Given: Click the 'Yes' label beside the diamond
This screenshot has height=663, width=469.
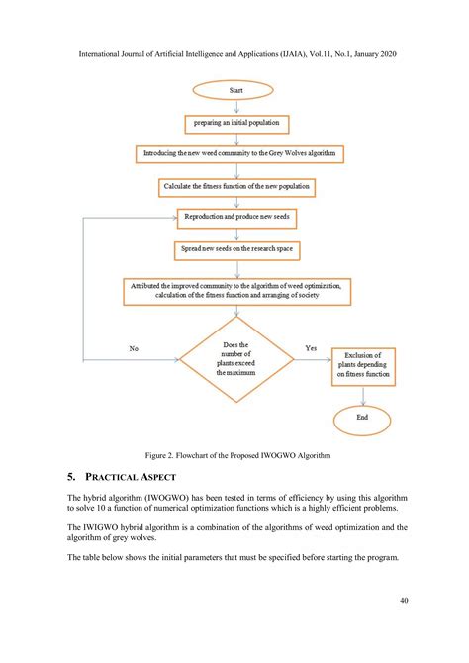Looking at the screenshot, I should click(311, 348).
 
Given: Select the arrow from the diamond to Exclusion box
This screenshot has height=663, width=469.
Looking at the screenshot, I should click(312, 360).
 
